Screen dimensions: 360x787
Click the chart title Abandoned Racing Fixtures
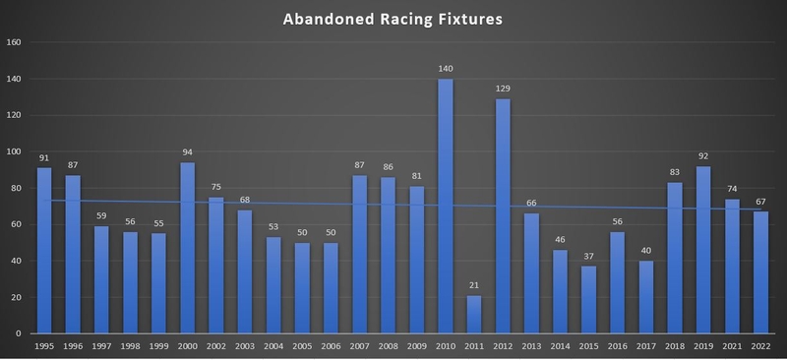(393, 19)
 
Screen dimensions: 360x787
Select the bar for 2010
(446, 206)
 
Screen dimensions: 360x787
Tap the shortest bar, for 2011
(474, 314)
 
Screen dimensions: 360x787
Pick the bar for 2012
(503, 215)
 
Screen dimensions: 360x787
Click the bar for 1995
(44, 250)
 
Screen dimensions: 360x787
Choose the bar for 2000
(188, 247)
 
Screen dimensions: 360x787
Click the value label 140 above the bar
(446, 69)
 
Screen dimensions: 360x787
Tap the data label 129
(503, 90)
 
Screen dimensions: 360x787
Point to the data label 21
(474, 285)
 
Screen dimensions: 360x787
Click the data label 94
(188, 152)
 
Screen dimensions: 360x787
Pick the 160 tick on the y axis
(14, 42)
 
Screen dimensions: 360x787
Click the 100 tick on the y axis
(14, 151)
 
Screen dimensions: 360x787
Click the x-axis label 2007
(359, 346)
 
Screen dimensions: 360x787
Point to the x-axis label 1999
(158, 346)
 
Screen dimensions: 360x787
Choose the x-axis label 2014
(560, 346)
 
